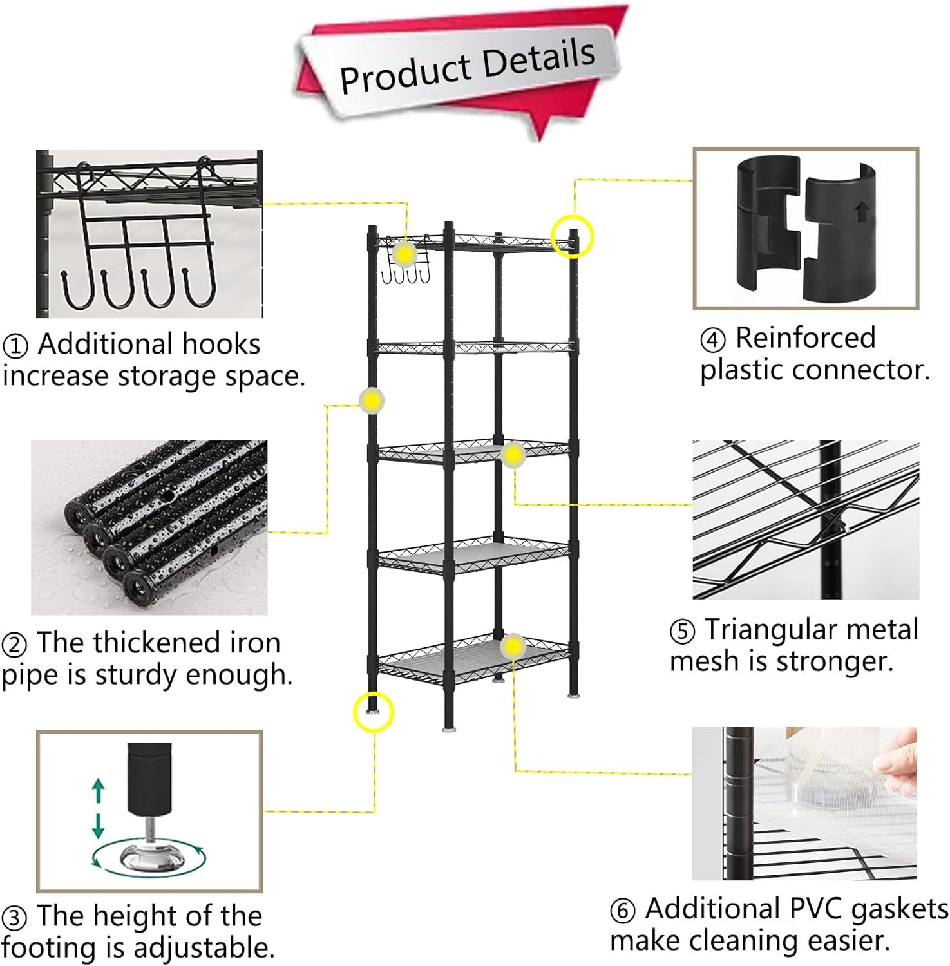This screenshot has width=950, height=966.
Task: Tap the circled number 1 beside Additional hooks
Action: (15, 346)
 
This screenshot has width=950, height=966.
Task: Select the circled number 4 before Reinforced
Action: (713, 339)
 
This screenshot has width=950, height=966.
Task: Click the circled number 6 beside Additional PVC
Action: (623, 911)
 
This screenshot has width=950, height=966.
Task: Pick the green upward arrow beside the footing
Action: (98, 790)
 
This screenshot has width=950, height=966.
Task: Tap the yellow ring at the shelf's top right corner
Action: (573, 236)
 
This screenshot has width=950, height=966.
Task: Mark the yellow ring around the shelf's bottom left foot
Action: (373, 712)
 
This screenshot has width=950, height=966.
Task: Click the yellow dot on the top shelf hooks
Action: (404, 255)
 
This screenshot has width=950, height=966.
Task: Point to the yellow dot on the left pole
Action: (372, 401)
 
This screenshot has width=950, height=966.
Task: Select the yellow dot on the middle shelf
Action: (513, 455)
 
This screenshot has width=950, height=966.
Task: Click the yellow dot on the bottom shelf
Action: (513, 646)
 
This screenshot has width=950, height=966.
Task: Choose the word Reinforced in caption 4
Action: (806, 337)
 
